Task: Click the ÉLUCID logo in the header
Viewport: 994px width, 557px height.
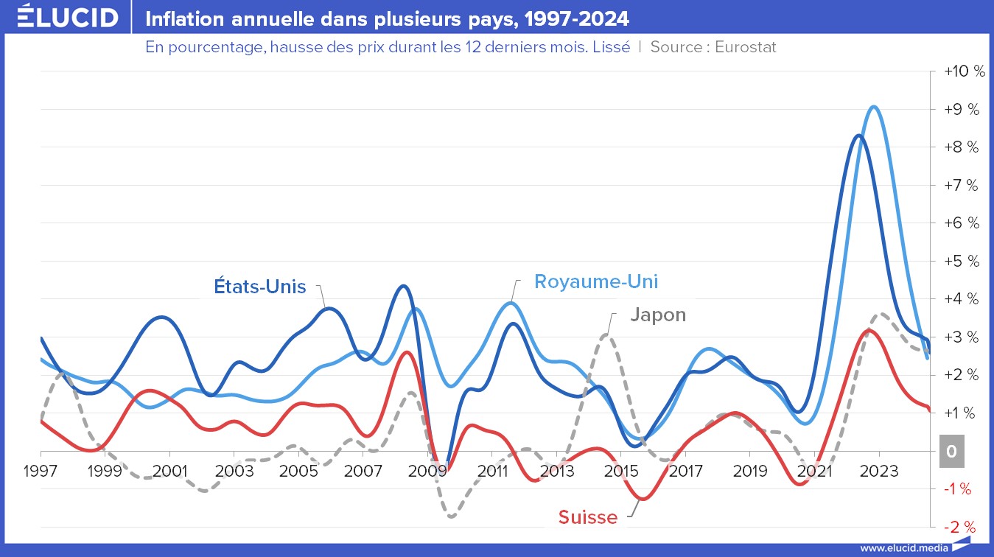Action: click(67, 17)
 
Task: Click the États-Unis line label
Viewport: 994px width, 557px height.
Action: click(260, 287)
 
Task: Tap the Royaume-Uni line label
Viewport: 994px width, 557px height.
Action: click(596, 281)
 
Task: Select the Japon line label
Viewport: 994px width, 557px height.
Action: click(658, 315)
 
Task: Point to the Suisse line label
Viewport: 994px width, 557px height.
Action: click(588, 517)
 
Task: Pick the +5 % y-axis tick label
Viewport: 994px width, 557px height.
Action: click(962, 261)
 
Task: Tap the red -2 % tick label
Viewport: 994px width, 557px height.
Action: click(959, 527)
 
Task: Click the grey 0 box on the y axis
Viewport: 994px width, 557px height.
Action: click(951, 452)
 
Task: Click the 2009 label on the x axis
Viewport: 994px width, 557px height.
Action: click(427, 471)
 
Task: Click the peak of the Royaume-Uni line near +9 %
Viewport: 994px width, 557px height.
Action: click(873, 107)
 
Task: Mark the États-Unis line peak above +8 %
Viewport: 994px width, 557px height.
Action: click(857, 136)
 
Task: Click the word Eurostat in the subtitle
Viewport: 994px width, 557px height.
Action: click(745, 47)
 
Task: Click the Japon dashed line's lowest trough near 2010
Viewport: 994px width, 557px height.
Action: click(451, 516)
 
